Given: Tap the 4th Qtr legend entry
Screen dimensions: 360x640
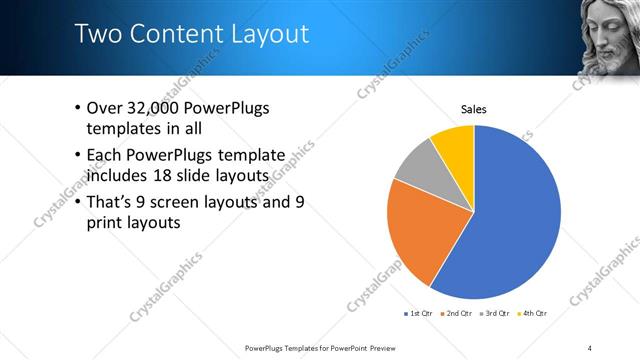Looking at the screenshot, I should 537,313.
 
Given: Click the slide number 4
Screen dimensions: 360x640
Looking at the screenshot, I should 590,347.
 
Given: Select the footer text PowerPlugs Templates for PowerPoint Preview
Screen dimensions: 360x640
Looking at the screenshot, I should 320,347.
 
